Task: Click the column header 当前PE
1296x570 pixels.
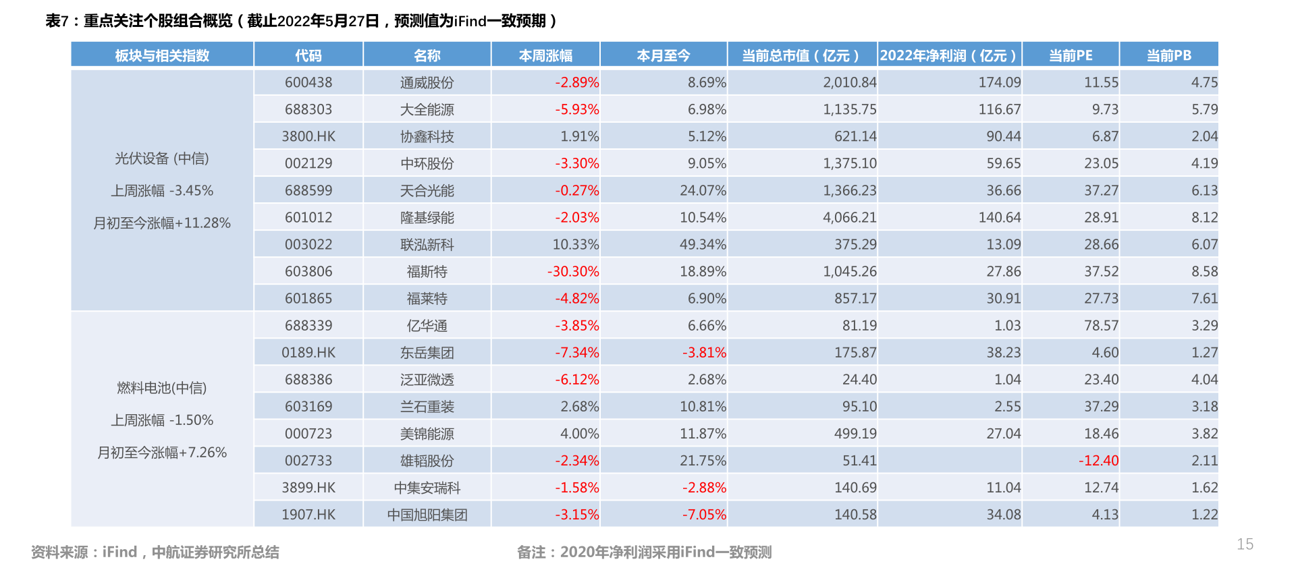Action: tap(1071, 55)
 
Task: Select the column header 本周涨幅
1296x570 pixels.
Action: tap(545, 55)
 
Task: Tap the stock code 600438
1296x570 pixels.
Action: tap(308, 82)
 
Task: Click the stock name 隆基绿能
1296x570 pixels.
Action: tap(427, 217)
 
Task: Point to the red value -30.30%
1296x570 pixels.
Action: tap(573, 271)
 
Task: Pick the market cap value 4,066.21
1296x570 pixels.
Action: tap(849, 217)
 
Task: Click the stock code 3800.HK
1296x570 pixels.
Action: tap(308, 136)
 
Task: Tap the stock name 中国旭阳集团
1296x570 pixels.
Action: tap(427, 514)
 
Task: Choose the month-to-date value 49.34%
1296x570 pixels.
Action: tap(703, 244)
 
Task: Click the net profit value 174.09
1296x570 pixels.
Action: tap(1000, 82)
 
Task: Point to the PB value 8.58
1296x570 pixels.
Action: tap(1204, 271)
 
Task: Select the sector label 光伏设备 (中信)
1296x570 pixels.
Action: tap(162, 159)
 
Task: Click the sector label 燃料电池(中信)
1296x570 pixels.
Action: tap(162, 388)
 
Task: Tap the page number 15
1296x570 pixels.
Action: tap(1245, 544)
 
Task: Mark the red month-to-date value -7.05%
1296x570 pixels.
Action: tap(704, 514)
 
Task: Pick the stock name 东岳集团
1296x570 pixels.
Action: tap(427, 352)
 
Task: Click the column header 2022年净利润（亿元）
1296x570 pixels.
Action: tap(948, 55)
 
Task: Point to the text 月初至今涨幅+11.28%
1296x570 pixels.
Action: tap(162, 223)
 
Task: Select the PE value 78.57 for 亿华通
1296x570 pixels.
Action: tap(1101, 325)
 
